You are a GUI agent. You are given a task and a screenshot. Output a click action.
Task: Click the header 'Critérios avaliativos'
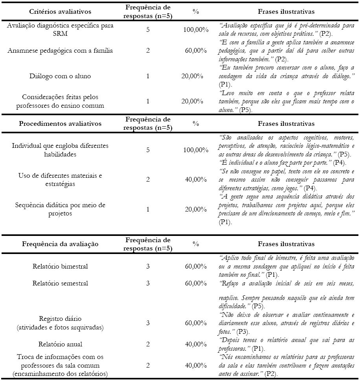pos(55,12)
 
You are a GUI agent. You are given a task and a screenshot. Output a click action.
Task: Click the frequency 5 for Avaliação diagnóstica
pos(148,29)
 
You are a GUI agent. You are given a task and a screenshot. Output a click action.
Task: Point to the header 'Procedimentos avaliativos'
pos(60,123)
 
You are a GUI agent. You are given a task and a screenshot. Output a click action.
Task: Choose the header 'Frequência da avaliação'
pos(59,244)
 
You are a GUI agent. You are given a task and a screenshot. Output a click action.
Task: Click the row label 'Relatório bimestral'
pos(60,266)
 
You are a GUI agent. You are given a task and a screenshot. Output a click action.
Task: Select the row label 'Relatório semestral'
pos(60,283)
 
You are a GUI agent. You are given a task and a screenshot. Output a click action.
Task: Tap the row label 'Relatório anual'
pos(60,344)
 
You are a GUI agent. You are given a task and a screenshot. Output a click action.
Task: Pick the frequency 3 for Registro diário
pos(148,323)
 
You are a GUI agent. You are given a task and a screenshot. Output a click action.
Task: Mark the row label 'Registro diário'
pos(60,318)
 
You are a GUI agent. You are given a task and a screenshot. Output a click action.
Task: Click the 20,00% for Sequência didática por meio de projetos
pos(194,209)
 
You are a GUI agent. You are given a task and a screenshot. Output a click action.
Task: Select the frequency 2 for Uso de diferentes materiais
pos(148,180)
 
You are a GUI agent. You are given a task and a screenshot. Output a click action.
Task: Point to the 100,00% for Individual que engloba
pos(196,150)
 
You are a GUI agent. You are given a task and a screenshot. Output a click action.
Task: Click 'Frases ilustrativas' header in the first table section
pos(286,12)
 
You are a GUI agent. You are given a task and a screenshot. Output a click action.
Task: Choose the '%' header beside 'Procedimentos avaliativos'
pos(196,123)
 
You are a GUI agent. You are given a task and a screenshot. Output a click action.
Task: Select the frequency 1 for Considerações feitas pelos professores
pos(148,101)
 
